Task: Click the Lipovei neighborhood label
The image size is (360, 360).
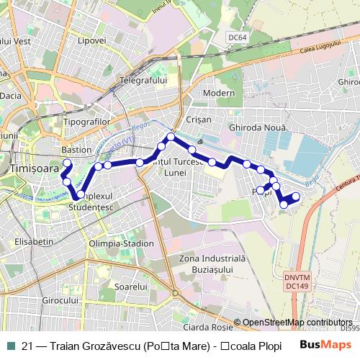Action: coord(91,40)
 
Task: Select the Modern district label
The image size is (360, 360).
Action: coord(219,93)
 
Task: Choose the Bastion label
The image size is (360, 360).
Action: coord(76,150)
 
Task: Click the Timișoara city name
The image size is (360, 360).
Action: coord(29,167)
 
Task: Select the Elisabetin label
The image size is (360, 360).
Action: coord(33,241)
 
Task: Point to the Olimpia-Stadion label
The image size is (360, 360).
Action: coord(120,244)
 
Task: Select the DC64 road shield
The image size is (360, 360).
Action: coord(236,37)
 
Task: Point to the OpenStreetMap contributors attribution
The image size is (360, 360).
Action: coord(297,323)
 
